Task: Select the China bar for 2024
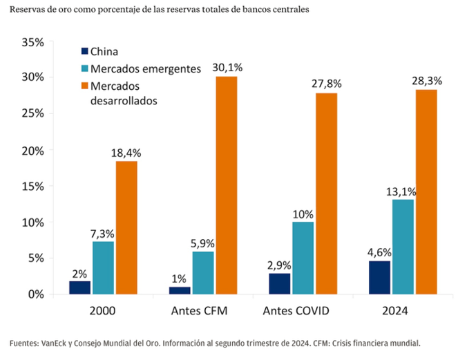[379, 277]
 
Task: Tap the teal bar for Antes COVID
[303, 258]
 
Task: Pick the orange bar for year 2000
[126, 227]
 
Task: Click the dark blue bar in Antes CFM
[180, 290]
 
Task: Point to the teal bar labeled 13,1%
[403, 247]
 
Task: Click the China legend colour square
[85, 51]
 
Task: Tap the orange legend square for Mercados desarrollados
[85, 86]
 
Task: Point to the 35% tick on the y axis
[32, 42]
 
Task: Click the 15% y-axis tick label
[32, 186]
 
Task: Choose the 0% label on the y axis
[35, 294]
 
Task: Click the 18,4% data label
[126, 151]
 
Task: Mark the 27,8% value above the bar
[327, 83]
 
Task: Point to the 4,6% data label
[379, 251]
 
